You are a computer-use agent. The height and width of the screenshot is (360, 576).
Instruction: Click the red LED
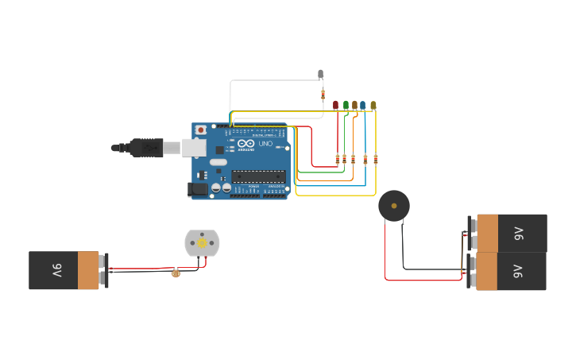335,105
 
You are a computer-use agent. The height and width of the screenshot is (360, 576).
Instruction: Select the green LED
346,105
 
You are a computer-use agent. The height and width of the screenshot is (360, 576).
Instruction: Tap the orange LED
354,105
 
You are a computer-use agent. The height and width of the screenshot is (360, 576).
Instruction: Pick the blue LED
363,105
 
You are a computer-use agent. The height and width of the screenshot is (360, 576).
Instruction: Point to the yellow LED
373,105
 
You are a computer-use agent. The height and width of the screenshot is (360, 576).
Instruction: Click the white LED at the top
321,74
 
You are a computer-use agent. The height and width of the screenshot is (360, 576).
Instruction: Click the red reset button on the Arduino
201,130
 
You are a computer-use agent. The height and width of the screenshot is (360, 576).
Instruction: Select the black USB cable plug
146,147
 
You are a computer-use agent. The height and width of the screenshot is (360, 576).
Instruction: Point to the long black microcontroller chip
258,176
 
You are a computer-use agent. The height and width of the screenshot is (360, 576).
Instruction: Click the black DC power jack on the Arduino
196,189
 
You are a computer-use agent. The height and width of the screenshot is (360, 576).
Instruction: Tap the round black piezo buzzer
394,206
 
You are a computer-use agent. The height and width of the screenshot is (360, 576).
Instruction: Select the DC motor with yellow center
202,243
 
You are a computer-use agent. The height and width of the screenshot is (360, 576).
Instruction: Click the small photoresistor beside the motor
176,273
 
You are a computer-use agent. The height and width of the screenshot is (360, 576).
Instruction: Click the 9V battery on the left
65,270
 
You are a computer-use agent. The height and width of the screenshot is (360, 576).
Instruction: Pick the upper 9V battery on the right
511,233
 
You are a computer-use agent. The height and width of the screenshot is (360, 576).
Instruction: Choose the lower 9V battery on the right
510,271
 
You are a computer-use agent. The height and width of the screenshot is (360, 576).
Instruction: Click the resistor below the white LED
323,94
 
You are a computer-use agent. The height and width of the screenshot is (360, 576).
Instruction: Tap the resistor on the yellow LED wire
376,159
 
